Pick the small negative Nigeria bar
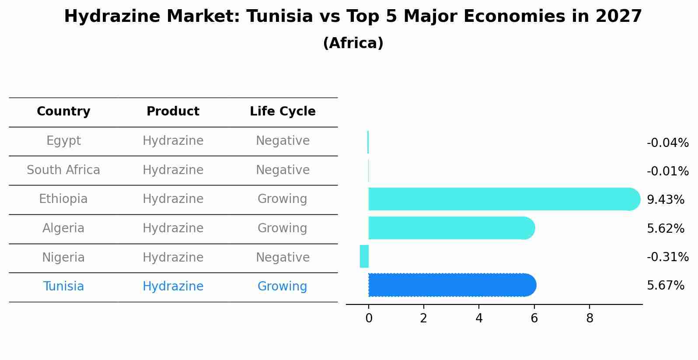(364, 256)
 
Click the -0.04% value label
(667, 143)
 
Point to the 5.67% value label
(665, 286)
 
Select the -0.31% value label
(667, 257)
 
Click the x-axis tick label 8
(590, 318)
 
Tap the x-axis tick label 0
(369, 318)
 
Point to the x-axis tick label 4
(479, 318)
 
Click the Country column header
(63, 112)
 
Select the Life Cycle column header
(283, 112)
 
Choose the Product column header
(173, 112)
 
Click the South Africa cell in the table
(63, 170)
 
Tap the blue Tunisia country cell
(63, 287)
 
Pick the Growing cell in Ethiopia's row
(282, 199)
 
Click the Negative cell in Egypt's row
(283, 141)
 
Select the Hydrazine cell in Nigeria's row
(173, 257)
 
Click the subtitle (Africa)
(353, 43)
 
